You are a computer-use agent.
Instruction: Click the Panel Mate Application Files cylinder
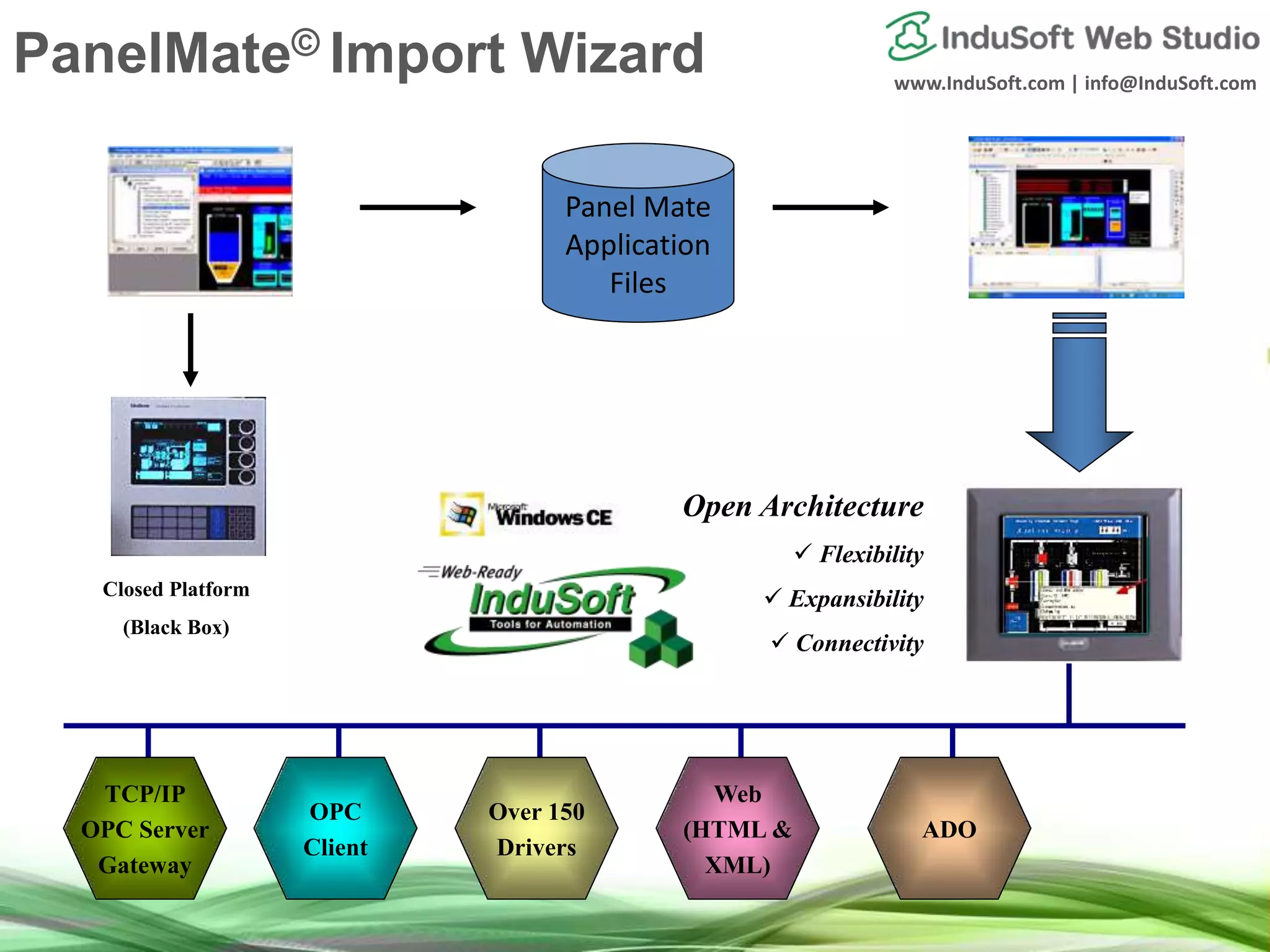click(x=637, y=236)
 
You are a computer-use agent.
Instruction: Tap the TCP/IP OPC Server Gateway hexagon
click(x=145, y=829)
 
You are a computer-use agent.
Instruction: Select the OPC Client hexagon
click(x=335, y=829)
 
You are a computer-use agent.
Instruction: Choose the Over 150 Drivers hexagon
click(x=536, y=829)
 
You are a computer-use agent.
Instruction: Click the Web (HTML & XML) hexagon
click(x=737, y=829)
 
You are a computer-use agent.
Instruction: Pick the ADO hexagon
click(x=949, y=829)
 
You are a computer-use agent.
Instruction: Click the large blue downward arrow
click(x=1079, y=397)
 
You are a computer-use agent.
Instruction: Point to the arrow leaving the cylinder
click(x=830, y=207)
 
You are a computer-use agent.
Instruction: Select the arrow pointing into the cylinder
click(x=417, y=207)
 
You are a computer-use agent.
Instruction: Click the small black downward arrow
click(x=190, y=350)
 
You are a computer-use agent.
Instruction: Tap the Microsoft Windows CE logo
click(x=526, y=514)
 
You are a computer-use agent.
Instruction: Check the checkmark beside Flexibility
click(x=802, y=551)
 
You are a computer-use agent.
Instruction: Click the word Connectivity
click(x=859, y=643)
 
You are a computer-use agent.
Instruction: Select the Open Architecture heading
click(x=802, y=506)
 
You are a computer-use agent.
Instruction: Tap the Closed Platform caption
click(x=176, y=589)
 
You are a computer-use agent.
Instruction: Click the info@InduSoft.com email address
click(x=1170, y=84)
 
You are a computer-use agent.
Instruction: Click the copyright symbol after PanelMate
click(x=305, y=42)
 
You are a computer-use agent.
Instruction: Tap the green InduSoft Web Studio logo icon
click(x=910, y=36)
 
